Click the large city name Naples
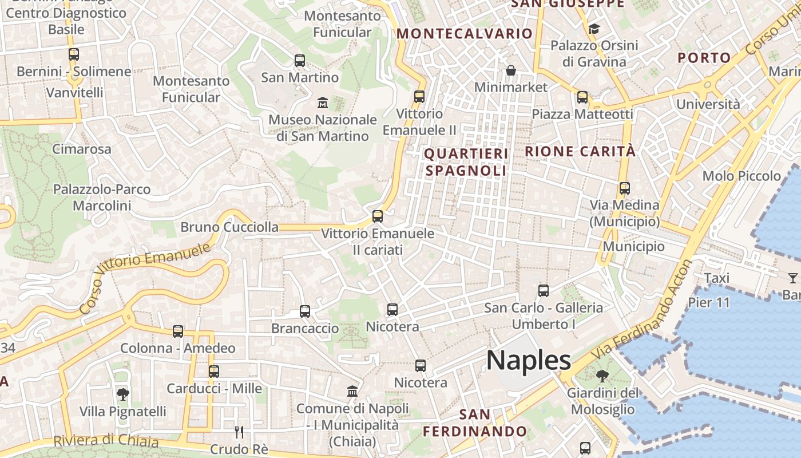pos(528,361)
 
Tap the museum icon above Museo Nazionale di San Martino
pos(323,103)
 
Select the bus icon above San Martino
pos(299,60)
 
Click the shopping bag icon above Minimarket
pos(510,70)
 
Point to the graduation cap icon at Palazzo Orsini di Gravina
pos(594,29)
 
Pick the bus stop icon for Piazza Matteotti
pos(582,97)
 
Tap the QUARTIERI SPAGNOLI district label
pos(466,162)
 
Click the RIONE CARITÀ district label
pos(580,152)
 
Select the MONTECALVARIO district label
pos(465,34)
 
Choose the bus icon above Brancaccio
pos(305,311)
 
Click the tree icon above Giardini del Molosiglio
pos(602,376)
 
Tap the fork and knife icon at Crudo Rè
pos(239,432)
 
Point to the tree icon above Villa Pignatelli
pos(122,394)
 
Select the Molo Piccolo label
pos(741,176)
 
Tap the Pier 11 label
pos(709,302)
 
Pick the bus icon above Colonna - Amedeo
pos(178,331)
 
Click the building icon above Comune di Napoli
pos(352,392)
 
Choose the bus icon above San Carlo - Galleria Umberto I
pos(544,291)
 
